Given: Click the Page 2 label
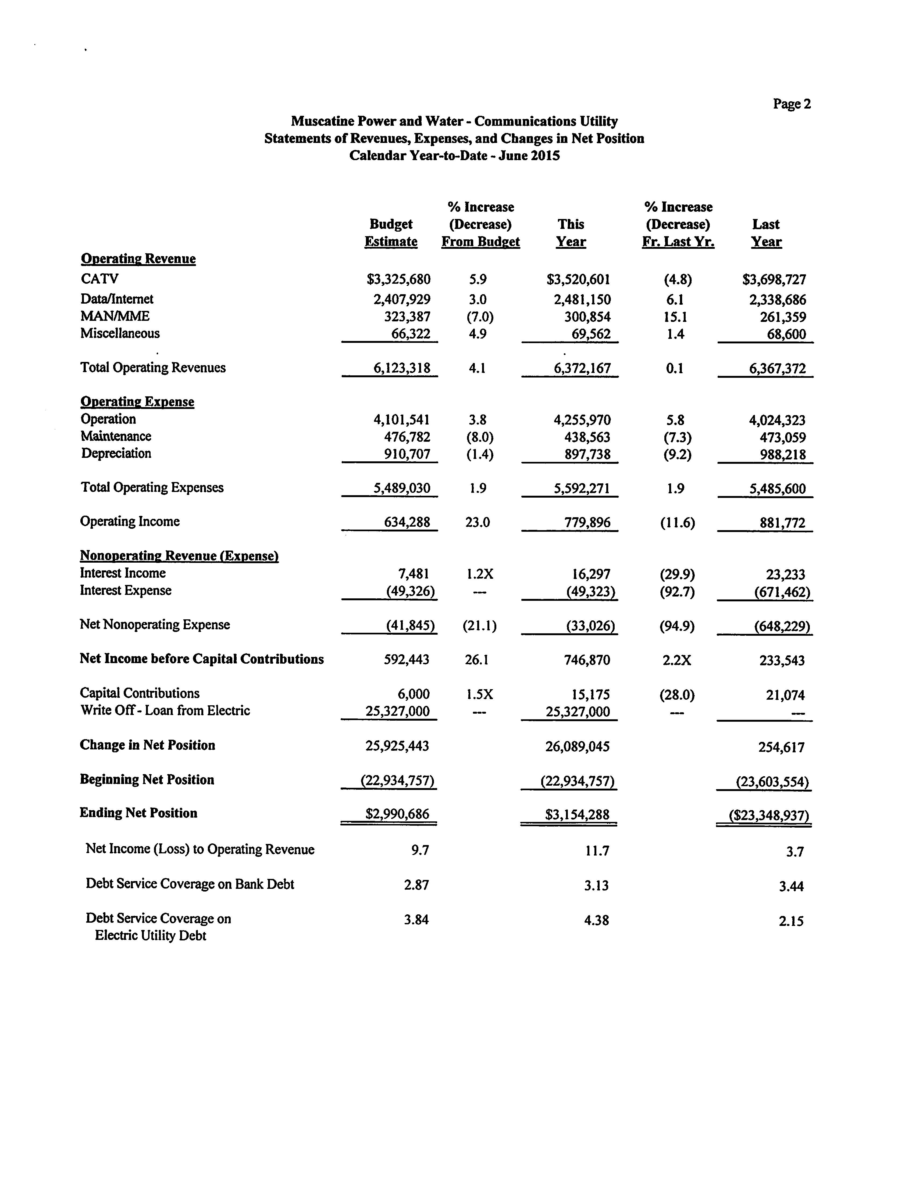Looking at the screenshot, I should [792, 104].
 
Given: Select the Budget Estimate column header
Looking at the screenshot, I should [391, 233].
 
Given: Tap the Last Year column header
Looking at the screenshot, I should [766, 233].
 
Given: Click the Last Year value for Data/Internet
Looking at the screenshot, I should [777, 300].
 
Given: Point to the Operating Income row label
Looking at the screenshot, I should [130, 521].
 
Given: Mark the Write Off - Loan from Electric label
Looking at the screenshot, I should [165, 711].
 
